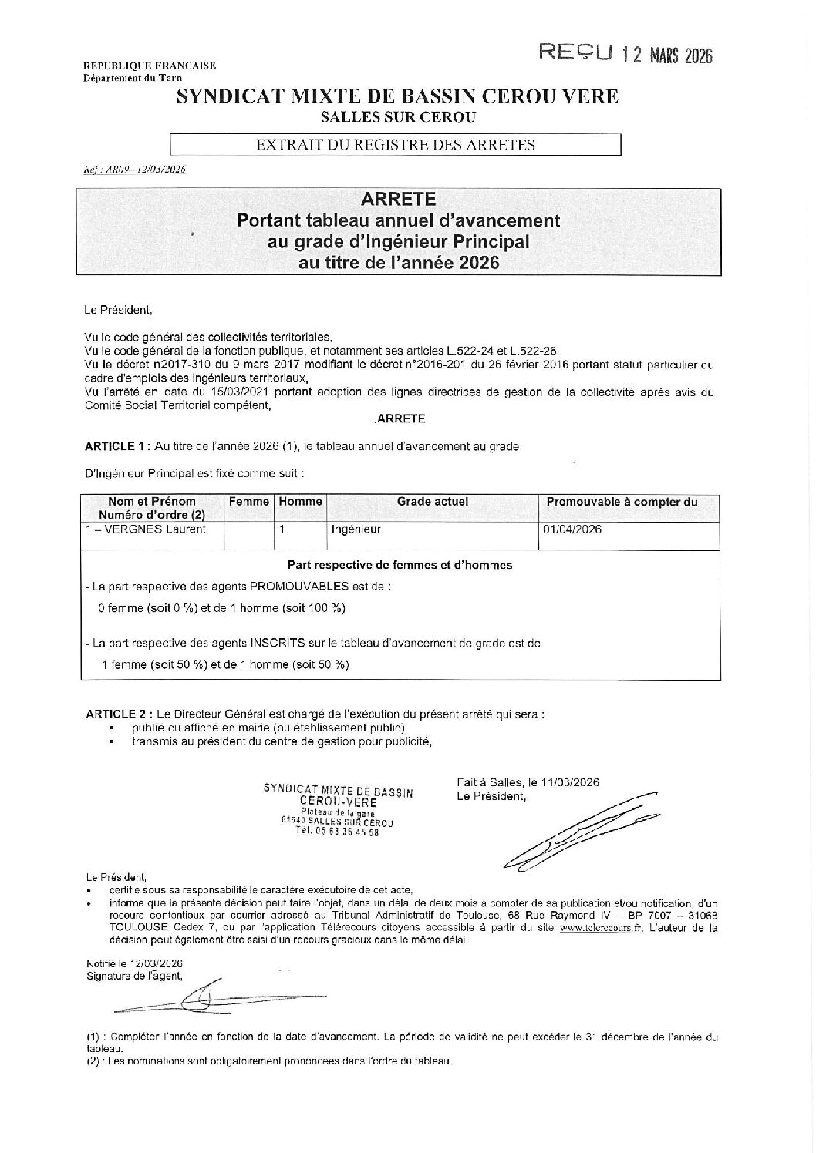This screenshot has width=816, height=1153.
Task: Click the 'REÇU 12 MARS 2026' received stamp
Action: click(625, 54)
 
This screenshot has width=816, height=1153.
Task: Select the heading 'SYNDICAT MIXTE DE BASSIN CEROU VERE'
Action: click(397, 97)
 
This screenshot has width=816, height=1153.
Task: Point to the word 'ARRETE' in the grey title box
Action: click(399, 199)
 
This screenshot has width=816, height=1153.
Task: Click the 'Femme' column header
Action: click(249, 502)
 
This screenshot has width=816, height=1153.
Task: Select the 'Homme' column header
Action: click(300, 502)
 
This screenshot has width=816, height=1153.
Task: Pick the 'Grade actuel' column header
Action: click(432, 502)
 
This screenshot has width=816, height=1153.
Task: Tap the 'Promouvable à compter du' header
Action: click(622, 502)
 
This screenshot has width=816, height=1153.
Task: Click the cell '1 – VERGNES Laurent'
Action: click(147, 529)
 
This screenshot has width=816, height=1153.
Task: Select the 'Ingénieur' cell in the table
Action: click(356, 529)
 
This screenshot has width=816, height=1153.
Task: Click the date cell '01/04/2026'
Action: click(572, 529)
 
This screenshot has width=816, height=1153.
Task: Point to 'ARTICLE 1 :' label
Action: click(117, 446)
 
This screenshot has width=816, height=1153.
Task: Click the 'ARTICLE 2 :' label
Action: click(117, 714)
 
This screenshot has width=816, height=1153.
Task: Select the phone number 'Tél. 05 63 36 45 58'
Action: click(338, 832)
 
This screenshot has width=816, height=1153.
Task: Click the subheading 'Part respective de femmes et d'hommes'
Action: click(399, 565)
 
